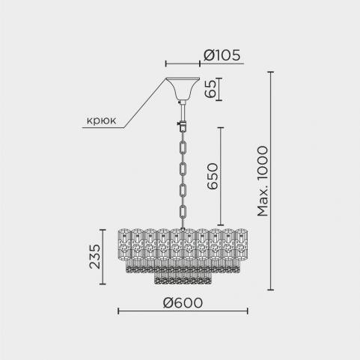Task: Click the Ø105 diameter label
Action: click(222, 55)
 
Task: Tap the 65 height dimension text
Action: click(210, 89)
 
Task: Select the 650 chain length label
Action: click(213, 176)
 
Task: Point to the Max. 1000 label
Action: click(263, 181)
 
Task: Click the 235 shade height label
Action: click(95, 257)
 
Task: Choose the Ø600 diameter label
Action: click(183, 303)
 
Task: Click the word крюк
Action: click(101, 120)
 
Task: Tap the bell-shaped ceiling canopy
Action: click(183, 88)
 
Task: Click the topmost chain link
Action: click(183, 147)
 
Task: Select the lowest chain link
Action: click(183, 213)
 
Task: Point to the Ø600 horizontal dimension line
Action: click(183, 311)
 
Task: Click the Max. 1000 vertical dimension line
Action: click(270, 181)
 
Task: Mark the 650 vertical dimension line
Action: click(221, 177)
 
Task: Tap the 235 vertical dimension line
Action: click(103, 257)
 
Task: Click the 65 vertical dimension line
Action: click(219, 89)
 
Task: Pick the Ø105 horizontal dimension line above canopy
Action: click(183, 64)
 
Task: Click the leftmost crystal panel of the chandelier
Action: click(124, 244)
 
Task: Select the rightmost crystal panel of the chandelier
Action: click(241, 244)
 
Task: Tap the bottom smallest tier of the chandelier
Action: click(183, 278)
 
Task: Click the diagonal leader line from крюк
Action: click(145, 103)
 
